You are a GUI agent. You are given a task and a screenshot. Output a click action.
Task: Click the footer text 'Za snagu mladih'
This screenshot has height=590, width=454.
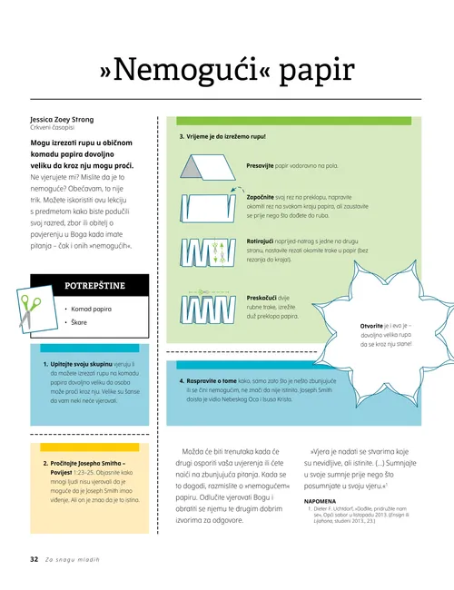click(72, 559)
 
